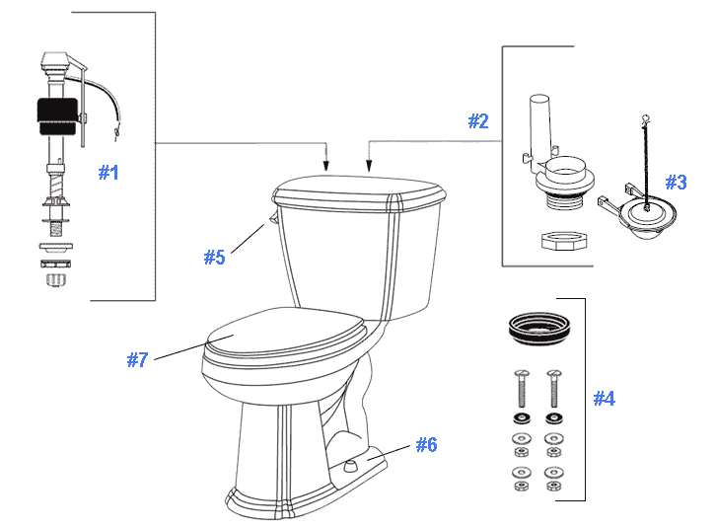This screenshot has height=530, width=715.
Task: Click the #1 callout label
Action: point(108,173)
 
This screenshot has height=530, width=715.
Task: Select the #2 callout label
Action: point(478,121)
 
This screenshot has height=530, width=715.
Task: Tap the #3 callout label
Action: point(676,183)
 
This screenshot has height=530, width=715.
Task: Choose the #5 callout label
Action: point(215,258)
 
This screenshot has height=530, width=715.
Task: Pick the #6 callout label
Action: point(426,445)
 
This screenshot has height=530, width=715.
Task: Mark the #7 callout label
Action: point(137,360)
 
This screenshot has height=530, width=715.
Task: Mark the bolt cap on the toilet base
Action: point(350,461)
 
